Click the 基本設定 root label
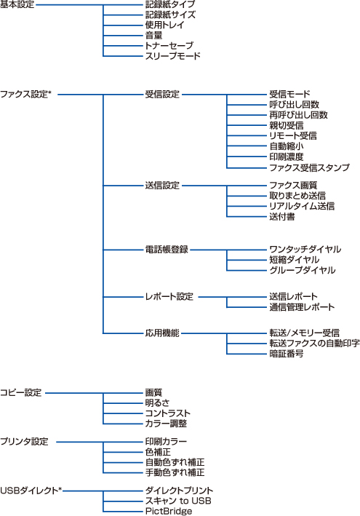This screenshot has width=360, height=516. point(17,4)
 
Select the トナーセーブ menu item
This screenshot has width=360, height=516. point(169,46)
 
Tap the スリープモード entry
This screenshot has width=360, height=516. point(173,56)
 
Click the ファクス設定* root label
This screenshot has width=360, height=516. point(26,95)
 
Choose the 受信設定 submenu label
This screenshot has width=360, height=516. point(162,95)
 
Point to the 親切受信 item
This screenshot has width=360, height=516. point(287,125)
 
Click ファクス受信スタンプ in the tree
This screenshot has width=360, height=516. point(309,167)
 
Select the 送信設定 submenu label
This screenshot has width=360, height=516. point(162,186)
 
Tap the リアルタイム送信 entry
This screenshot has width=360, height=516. point(302,207)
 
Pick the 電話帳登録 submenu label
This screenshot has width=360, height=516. point(167,250)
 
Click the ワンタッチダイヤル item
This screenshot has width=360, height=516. point(305,250)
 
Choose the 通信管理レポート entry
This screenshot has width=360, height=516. point(302,307)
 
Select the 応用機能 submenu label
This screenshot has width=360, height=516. point(162,333)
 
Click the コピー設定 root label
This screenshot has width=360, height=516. point(21,392)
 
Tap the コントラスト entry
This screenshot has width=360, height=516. point(168,413)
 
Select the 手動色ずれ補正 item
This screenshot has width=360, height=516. point(175,472)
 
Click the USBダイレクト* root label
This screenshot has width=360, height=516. point(31,491)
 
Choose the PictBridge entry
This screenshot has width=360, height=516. point(169,512)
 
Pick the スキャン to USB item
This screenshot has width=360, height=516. point(178,501)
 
